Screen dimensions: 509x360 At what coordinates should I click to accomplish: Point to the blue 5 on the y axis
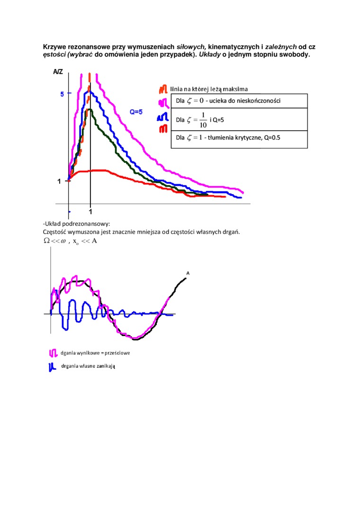62,94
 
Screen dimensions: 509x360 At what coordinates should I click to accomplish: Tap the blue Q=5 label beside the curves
136,112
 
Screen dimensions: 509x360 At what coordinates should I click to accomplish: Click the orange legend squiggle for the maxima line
162,89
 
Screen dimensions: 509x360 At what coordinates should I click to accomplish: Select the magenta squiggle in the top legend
162,102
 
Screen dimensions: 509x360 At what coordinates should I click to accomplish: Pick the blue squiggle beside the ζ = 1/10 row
162,116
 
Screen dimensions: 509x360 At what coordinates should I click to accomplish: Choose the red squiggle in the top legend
162,128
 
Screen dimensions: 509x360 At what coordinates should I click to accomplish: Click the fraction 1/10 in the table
202,120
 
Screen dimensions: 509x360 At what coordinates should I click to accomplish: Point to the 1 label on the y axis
59,181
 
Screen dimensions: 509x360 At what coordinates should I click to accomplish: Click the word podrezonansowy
88,223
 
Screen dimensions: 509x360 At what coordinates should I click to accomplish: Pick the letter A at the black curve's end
188,273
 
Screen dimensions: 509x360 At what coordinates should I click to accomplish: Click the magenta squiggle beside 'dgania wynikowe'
53,353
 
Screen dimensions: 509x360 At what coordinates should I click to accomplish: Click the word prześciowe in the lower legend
116,353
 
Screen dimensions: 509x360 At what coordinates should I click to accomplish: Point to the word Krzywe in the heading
54,47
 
